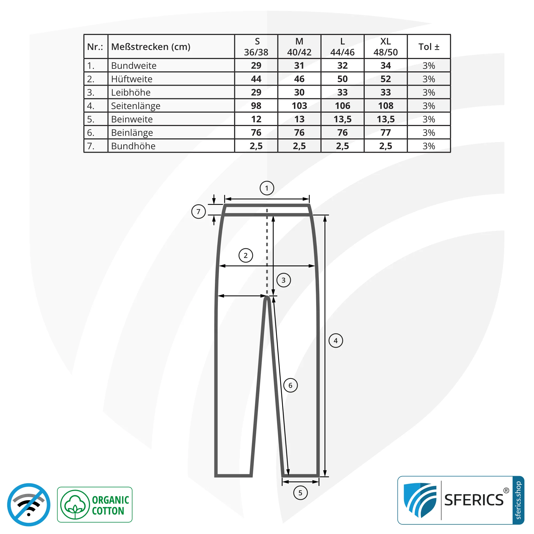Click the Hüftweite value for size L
coord(343,79)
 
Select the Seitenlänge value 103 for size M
coord(299,106)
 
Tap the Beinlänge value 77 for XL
coord(386,133)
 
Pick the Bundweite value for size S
coord(256,65)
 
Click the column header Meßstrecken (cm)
coord(151,47)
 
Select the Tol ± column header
coord(429,47)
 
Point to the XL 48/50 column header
coord(386,47)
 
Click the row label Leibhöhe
coord(131,92)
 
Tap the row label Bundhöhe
coord(133,146)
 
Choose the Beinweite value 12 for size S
coord(256,119)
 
